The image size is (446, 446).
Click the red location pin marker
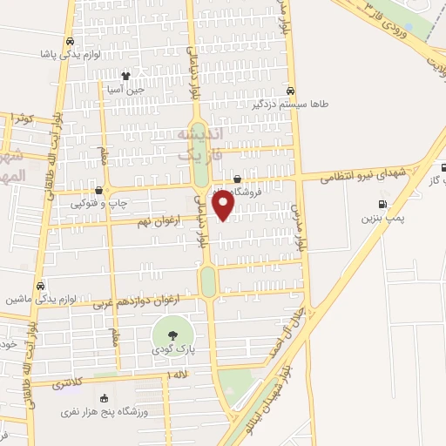[224, 206]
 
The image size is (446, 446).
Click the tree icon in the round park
[170, 333]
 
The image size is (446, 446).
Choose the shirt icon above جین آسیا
[127, 76]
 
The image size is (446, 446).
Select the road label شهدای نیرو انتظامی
[356, 174]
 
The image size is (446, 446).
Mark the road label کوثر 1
[21, 117]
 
